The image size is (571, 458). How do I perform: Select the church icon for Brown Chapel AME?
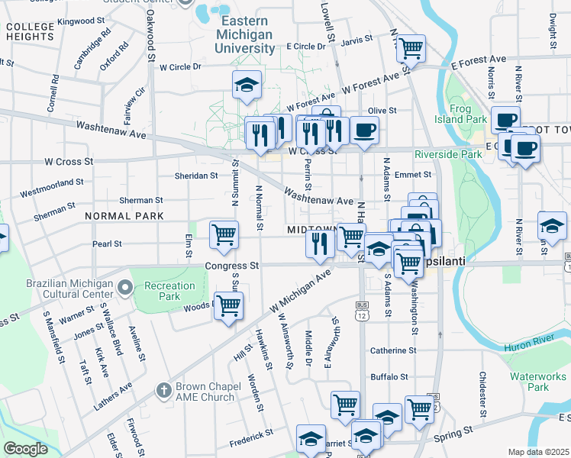pyautogui.click(x=162, y=391)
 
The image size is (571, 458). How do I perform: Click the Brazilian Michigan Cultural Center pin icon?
pyautogui.click(x=125, y=289)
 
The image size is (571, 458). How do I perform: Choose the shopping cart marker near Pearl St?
pyautogui.click(x=224, y=234)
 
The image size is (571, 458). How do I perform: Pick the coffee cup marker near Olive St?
pyautogui.click(x=364, y=129)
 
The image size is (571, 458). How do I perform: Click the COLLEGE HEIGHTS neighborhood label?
pyautogui.click(x=30, y=31)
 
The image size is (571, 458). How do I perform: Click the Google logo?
pyautogui.click(x=25, y=449)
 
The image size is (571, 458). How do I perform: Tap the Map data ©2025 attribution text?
pyautogui.click(x=538, y=452)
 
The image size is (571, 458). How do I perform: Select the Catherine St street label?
pyautogui.click(x=392, y=350)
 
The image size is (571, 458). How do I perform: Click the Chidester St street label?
pyautogui.click(x=482, y=391)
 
